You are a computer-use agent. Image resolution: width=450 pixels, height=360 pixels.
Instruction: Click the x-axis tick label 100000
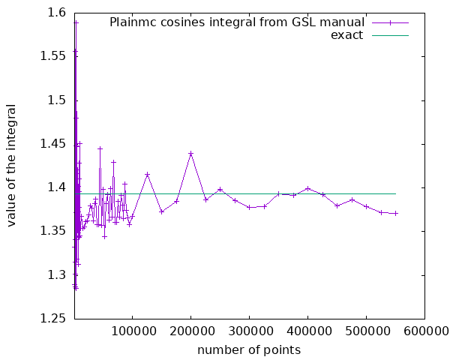[x=133, y=331]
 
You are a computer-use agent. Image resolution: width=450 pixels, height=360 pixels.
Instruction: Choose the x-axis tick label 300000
[x=250, y=331]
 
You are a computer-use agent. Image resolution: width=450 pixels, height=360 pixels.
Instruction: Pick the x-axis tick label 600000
[x=424, y=331]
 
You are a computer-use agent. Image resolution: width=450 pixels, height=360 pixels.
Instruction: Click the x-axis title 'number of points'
[x=249, y=349]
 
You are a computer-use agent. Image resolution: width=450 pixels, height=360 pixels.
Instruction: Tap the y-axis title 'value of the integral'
[x=13, y=166]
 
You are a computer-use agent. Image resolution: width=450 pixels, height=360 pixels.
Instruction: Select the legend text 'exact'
[x=346, y=34]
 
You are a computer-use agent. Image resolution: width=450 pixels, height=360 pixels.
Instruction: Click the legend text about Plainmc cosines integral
[x=237, y=22]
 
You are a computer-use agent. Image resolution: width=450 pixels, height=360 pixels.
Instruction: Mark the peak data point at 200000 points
[x=191, y=154]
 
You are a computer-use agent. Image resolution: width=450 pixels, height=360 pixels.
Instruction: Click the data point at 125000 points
[x=147, y=174]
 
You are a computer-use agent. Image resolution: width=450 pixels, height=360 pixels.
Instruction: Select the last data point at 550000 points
[x=395, y=213]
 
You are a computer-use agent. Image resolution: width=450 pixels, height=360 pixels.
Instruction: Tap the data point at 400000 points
[x=307, y=188]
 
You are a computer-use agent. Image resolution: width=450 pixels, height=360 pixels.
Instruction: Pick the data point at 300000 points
[x=250, y=207]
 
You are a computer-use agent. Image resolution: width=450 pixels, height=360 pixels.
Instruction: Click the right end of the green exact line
[x=395, y=193]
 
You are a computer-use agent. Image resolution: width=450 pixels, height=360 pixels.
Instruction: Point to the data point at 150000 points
[x=162, y=211]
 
